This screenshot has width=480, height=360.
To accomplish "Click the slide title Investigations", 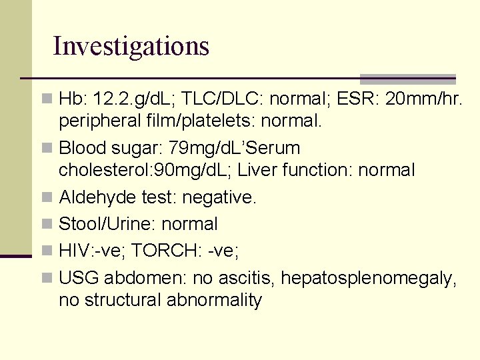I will tap(131, 46).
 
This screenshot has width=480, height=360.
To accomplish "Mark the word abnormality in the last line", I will tap(215, 300).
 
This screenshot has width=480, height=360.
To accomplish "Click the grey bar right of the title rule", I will tap(407, 79).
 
